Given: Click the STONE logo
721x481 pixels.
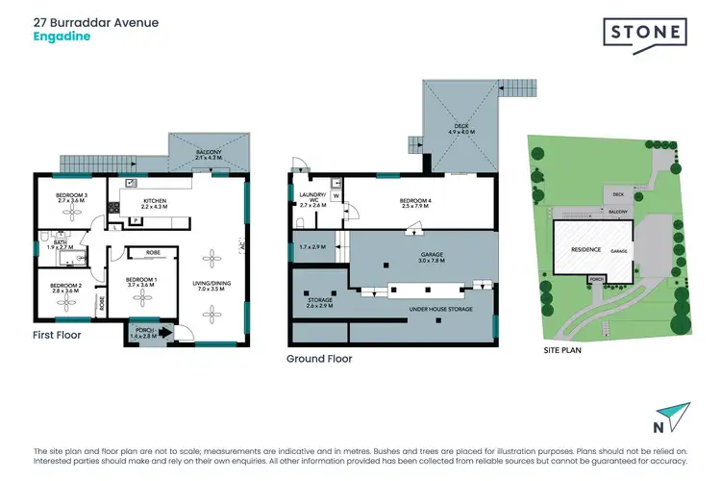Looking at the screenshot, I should [645, 34].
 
